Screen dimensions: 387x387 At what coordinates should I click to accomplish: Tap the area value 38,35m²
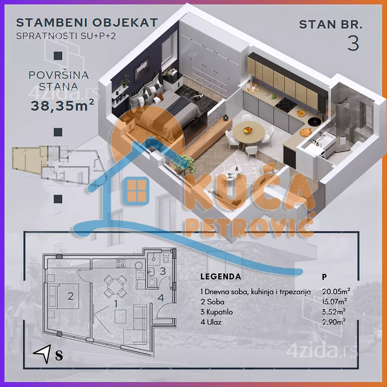click(62, 105)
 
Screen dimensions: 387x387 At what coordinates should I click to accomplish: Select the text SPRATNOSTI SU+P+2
click(66, 36)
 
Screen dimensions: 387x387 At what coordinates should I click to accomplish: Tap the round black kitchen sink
click(314, 121)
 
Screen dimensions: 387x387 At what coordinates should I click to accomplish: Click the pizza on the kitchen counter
click(306, 132)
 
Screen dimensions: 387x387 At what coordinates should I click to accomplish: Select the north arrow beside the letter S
click(43, 353)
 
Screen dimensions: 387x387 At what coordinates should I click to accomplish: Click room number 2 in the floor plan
click(71, 296)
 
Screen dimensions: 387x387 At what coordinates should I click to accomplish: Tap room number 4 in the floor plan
click(161, 298)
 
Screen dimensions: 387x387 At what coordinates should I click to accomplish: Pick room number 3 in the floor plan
click(162, 271)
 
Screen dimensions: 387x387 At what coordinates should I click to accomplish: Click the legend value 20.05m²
click(336, 291)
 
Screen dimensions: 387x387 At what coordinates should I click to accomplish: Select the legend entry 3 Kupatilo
click(217, 312)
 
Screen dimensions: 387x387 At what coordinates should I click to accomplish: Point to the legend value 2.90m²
click(334, 322)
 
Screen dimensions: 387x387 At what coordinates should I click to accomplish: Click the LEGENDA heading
click(221, 276)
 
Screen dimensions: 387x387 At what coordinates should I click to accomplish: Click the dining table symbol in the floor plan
click(115, 286)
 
